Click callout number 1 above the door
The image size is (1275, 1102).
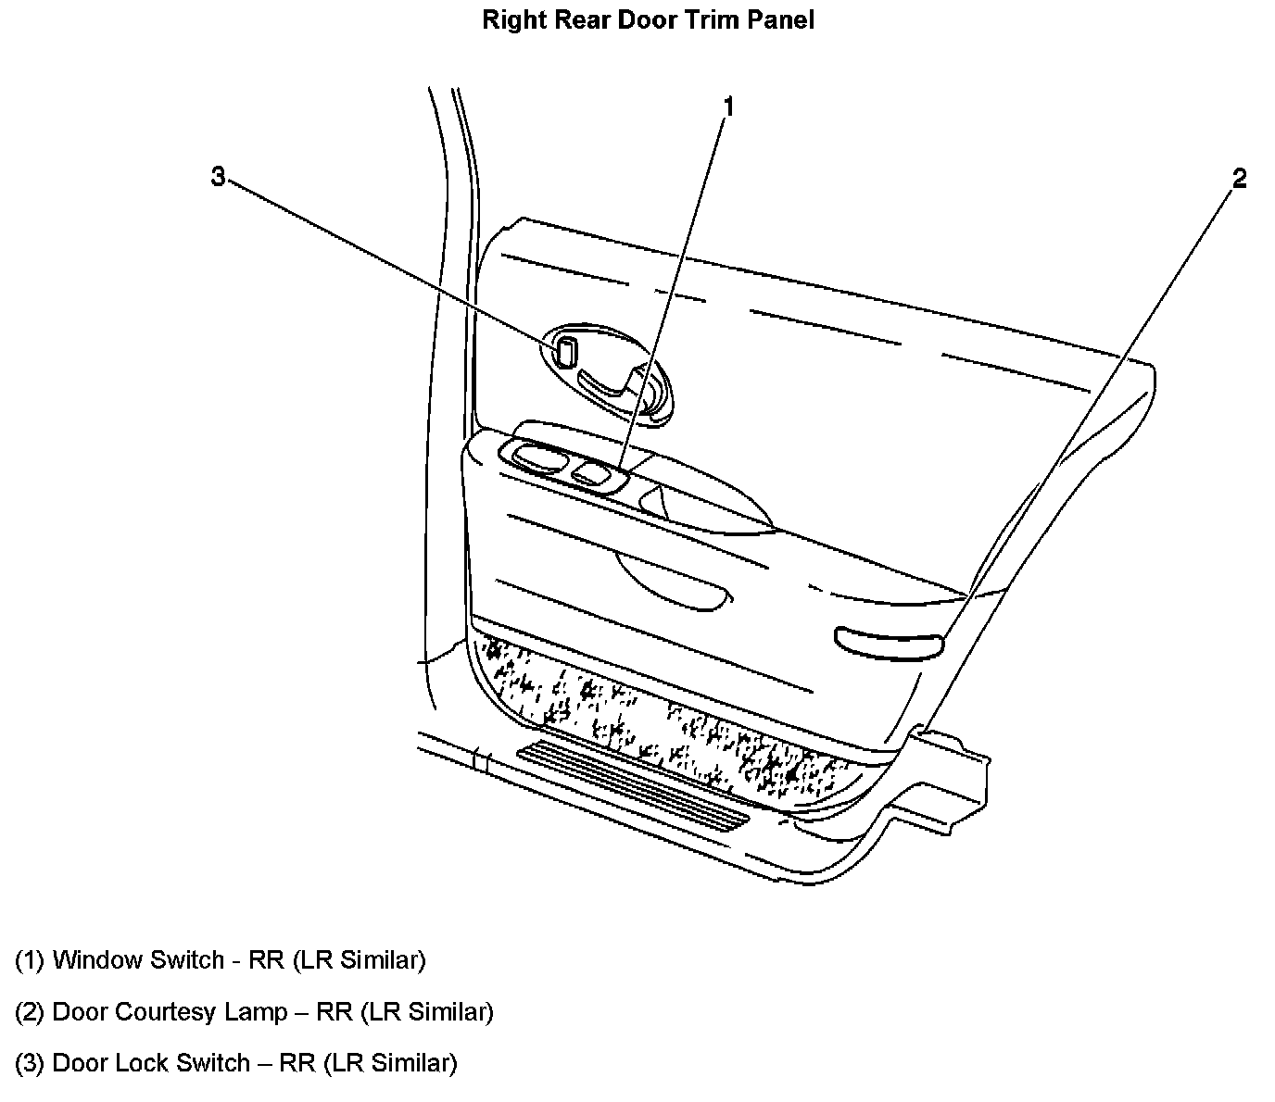pos(728,107)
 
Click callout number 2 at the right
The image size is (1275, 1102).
pos(1239,179)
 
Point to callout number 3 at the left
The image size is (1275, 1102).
pos(218,176)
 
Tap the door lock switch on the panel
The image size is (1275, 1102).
pos(564,352)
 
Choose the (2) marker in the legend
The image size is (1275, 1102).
pos(30,1012)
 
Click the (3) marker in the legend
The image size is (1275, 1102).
pos(30,1063)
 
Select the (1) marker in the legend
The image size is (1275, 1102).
pos(30,960)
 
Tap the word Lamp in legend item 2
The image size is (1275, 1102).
pos(256,1012)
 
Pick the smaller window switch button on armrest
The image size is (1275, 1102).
pos(588,475)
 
